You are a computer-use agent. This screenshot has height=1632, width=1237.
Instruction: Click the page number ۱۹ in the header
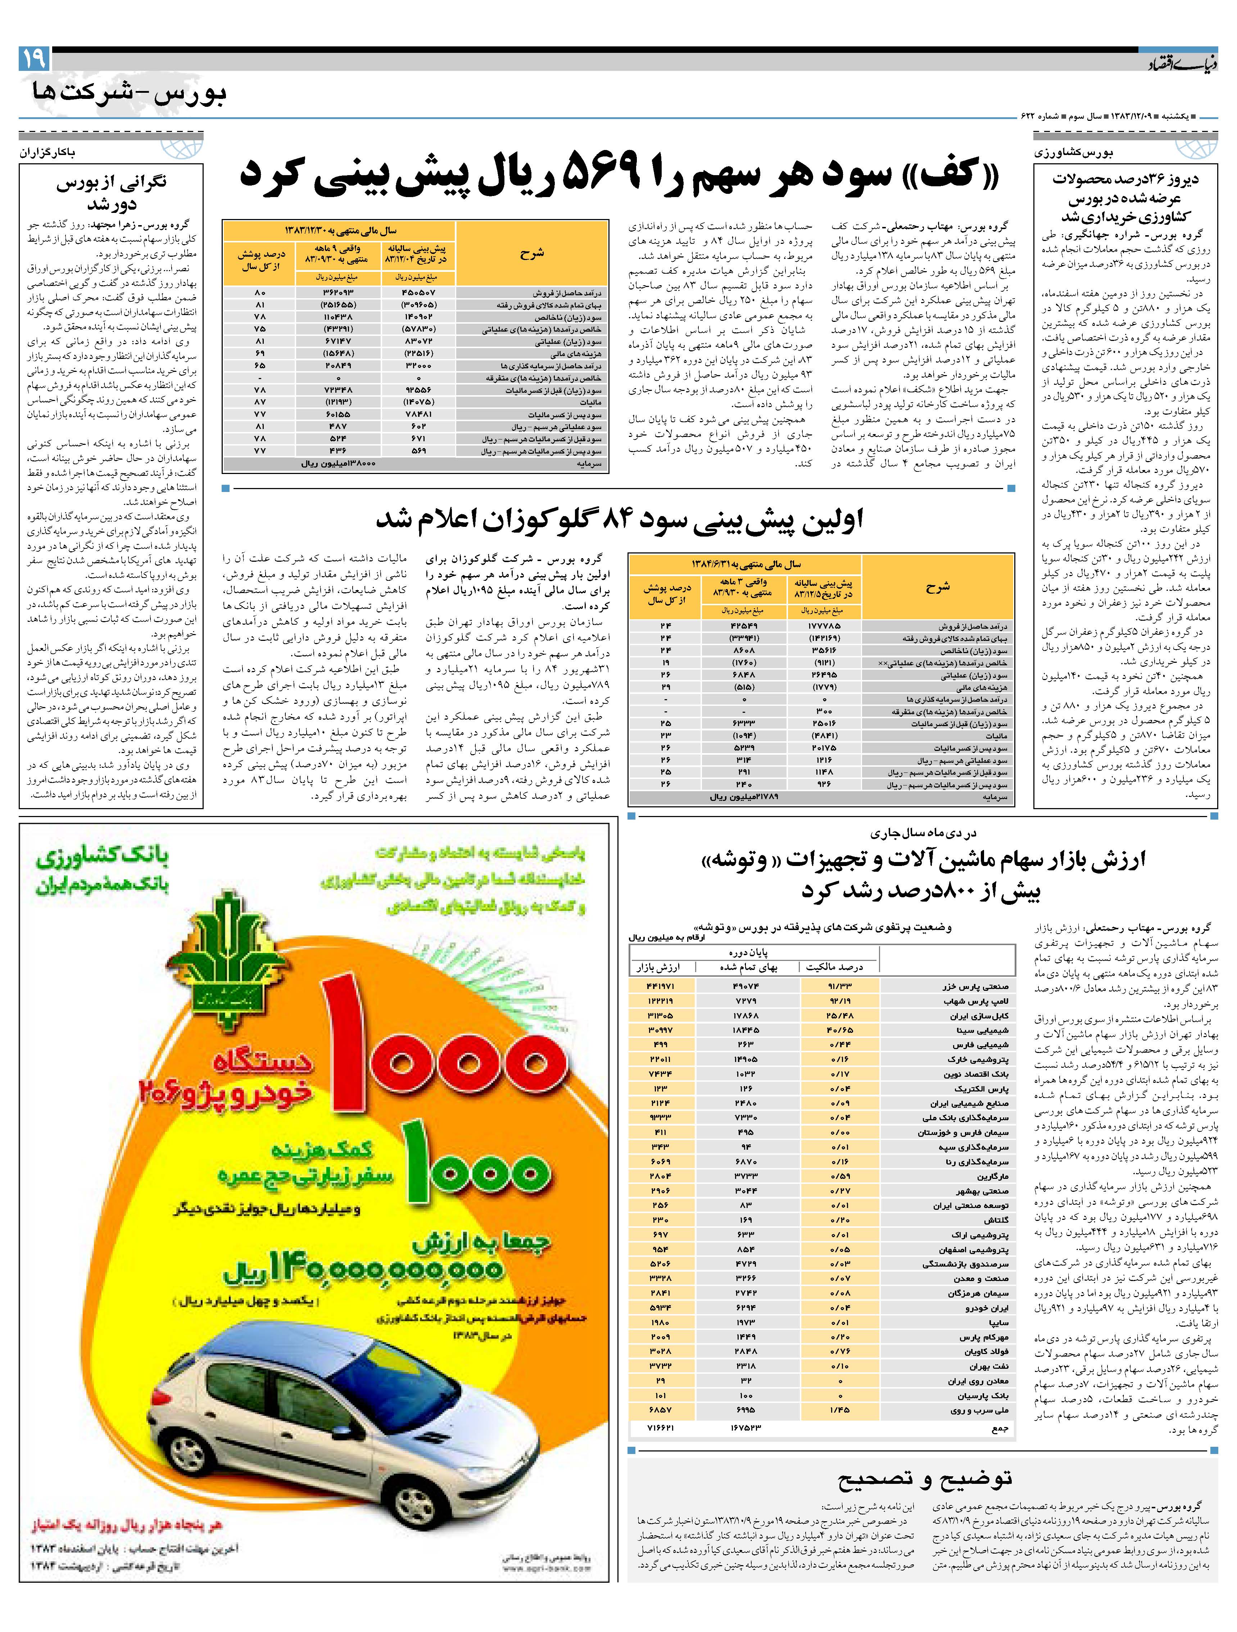[34, 58]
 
